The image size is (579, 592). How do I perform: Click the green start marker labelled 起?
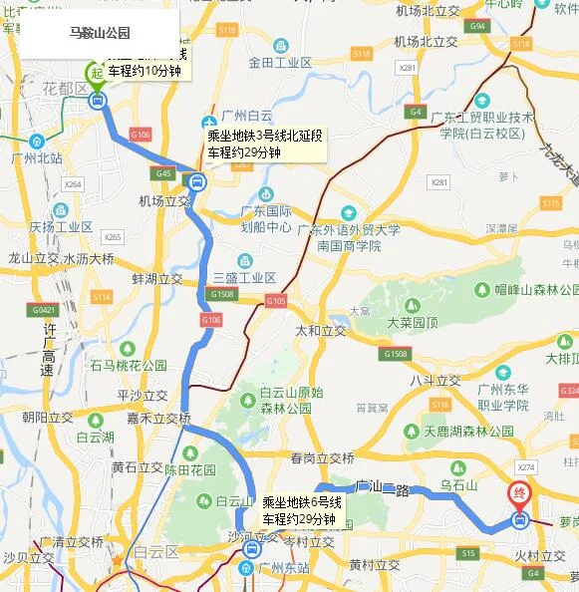(96, 73)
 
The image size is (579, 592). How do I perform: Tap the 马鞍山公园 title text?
(100, 33)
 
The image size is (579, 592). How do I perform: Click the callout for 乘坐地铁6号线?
(302, 511)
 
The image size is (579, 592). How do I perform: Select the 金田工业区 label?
(280, 62)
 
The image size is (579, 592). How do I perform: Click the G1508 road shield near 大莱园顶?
(396, 354)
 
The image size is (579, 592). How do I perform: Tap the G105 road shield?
(276, 301)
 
